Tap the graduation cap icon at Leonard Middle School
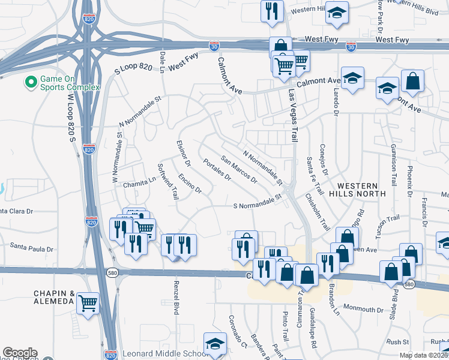click(214, 344)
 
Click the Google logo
click(19, 353)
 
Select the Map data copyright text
click(424, 355)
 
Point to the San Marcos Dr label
click(239, 170)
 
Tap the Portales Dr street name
click(217, 170)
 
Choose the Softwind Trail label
click(168, 182)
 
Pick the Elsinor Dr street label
click(183, 154)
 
